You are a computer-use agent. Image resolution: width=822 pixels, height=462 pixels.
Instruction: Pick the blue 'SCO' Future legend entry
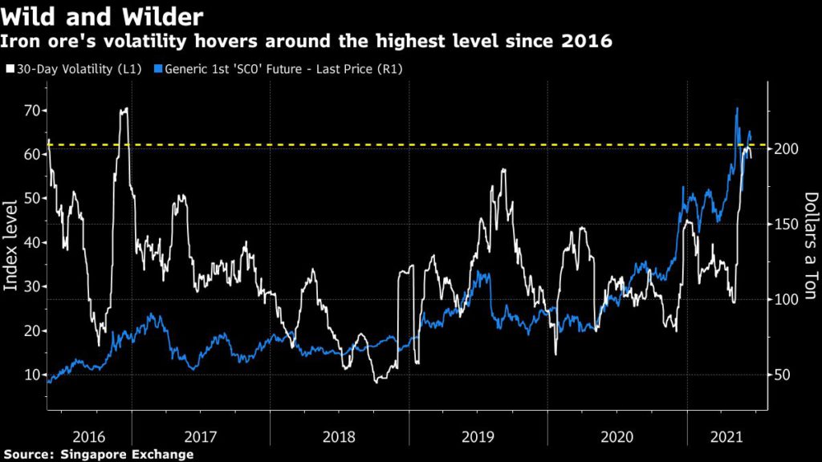282,70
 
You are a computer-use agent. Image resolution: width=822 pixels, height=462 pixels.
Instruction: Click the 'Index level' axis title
11,244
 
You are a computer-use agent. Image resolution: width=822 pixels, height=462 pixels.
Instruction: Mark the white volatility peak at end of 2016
124,109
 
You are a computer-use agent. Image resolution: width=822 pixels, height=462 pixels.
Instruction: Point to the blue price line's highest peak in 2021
737,108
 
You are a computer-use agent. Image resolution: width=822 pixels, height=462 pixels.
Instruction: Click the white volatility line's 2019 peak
503,170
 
